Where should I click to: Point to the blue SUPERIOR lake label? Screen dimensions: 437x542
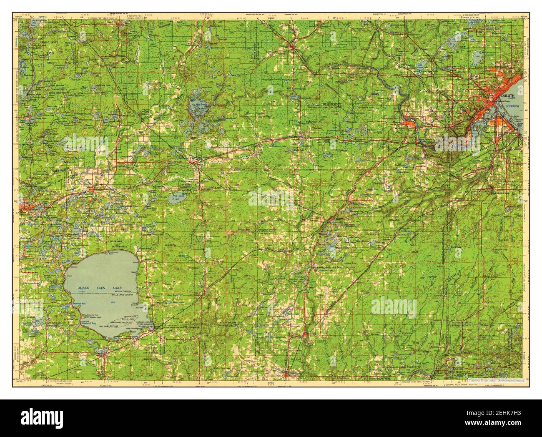pyautogui.click(x=512, y=106)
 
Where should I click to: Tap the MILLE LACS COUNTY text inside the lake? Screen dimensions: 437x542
pyautogui.click(x=121, y=295)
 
